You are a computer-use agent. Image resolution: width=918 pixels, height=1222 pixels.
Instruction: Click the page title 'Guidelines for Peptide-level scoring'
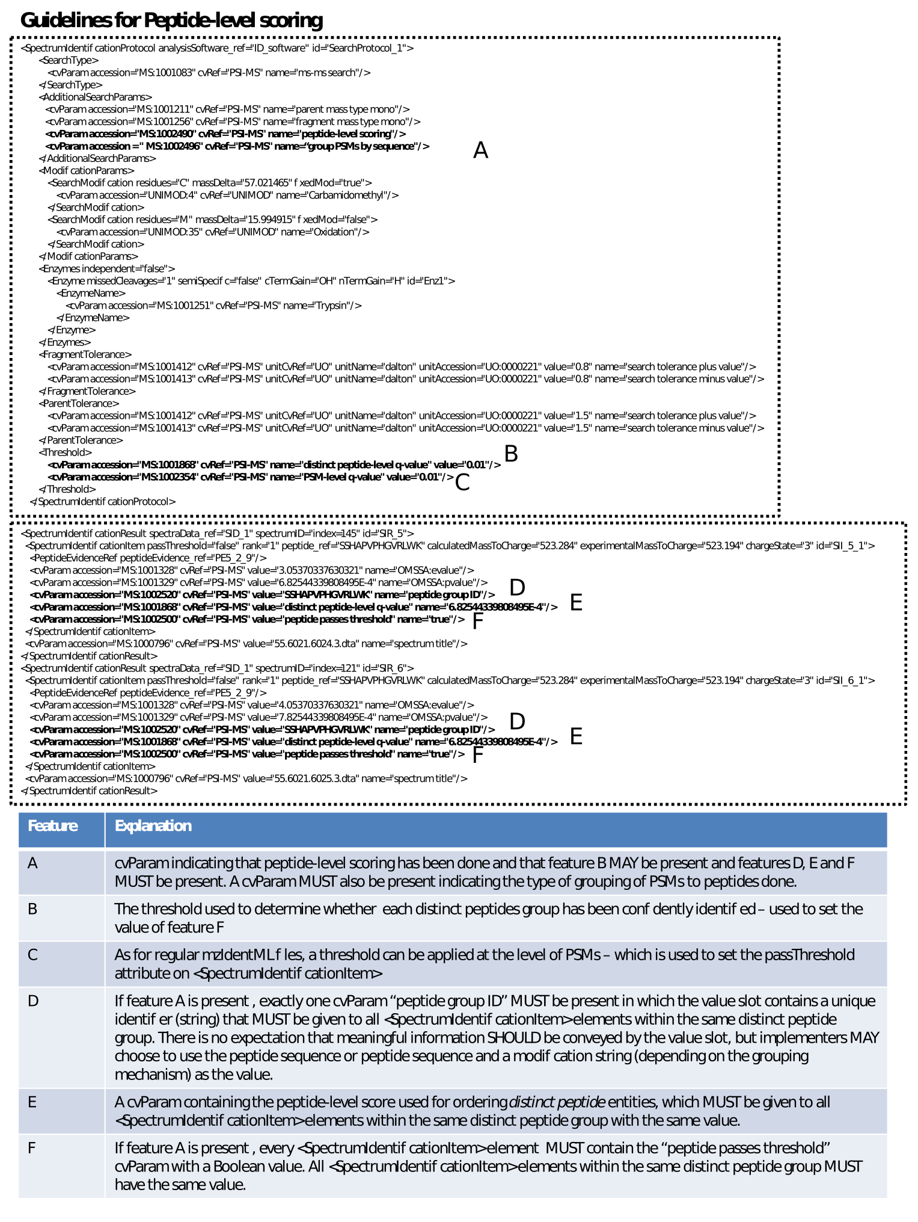(171, 20)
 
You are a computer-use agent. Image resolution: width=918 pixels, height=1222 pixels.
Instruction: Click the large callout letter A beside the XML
(480, 150)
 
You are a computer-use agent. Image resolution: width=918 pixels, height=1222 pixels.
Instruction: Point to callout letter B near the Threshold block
(511, 454)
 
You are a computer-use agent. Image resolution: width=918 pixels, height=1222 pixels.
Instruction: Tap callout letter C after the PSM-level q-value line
(462, 483)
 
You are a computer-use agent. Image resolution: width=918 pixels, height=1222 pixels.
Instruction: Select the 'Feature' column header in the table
(53, 826)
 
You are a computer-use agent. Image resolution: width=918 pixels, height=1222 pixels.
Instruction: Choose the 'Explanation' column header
(153, 826)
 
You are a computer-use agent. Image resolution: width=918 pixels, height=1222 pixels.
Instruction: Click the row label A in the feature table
(32, 864)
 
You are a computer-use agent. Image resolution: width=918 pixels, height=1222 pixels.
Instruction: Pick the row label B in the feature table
(32, 909)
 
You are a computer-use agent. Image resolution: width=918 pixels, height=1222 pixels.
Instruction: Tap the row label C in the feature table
(32, 955)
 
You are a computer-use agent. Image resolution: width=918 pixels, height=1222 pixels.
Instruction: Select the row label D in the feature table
(33, 1001)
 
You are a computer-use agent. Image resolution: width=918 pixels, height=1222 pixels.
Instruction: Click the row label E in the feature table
(32, 1102)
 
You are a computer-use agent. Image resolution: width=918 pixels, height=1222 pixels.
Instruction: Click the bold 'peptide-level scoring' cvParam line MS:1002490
(225, 134)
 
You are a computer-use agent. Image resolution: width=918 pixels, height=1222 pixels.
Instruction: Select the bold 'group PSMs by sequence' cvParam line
(237, 146)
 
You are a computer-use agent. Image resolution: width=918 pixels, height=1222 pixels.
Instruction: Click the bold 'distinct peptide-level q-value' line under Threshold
(274, 465)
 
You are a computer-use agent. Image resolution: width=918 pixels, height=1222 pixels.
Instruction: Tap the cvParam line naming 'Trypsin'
(213, 306)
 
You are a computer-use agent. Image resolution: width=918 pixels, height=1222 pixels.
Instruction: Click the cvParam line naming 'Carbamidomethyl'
(227, 196)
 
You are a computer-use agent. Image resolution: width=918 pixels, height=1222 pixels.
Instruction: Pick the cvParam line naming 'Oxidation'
(213, 232)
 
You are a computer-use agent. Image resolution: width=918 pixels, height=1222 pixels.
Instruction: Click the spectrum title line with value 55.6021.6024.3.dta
(246, 644)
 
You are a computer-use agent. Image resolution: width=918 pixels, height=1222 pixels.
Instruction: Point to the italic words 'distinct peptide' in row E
(557, 1102)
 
